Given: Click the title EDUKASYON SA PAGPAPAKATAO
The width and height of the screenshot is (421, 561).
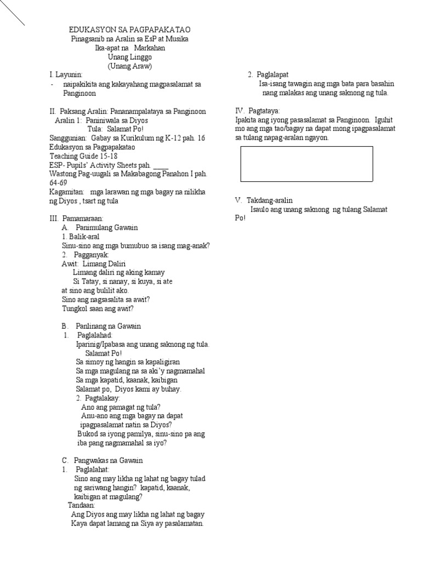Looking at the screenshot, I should pos(130,30).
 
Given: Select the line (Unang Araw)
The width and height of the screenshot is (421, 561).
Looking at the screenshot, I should pos(130,66).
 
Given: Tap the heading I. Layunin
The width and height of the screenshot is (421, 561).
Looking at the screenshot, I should pos(66,75).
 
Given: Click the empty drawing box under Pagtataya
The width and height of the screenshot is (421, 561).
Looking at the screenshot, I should pos(307,164).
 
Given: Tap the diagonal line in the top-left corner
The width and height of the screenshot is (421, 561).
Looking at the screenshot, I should pos(12,14).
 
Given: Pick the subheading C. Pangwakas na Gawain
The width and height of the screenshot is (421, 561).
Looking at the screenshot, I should pos(104,460).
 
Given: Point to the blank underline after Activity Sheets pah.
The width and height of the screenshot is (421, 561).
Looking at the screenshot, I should pos(161,164).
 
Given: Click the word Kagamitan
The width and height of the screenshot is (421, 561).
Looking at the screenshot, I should pos(66,192).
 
